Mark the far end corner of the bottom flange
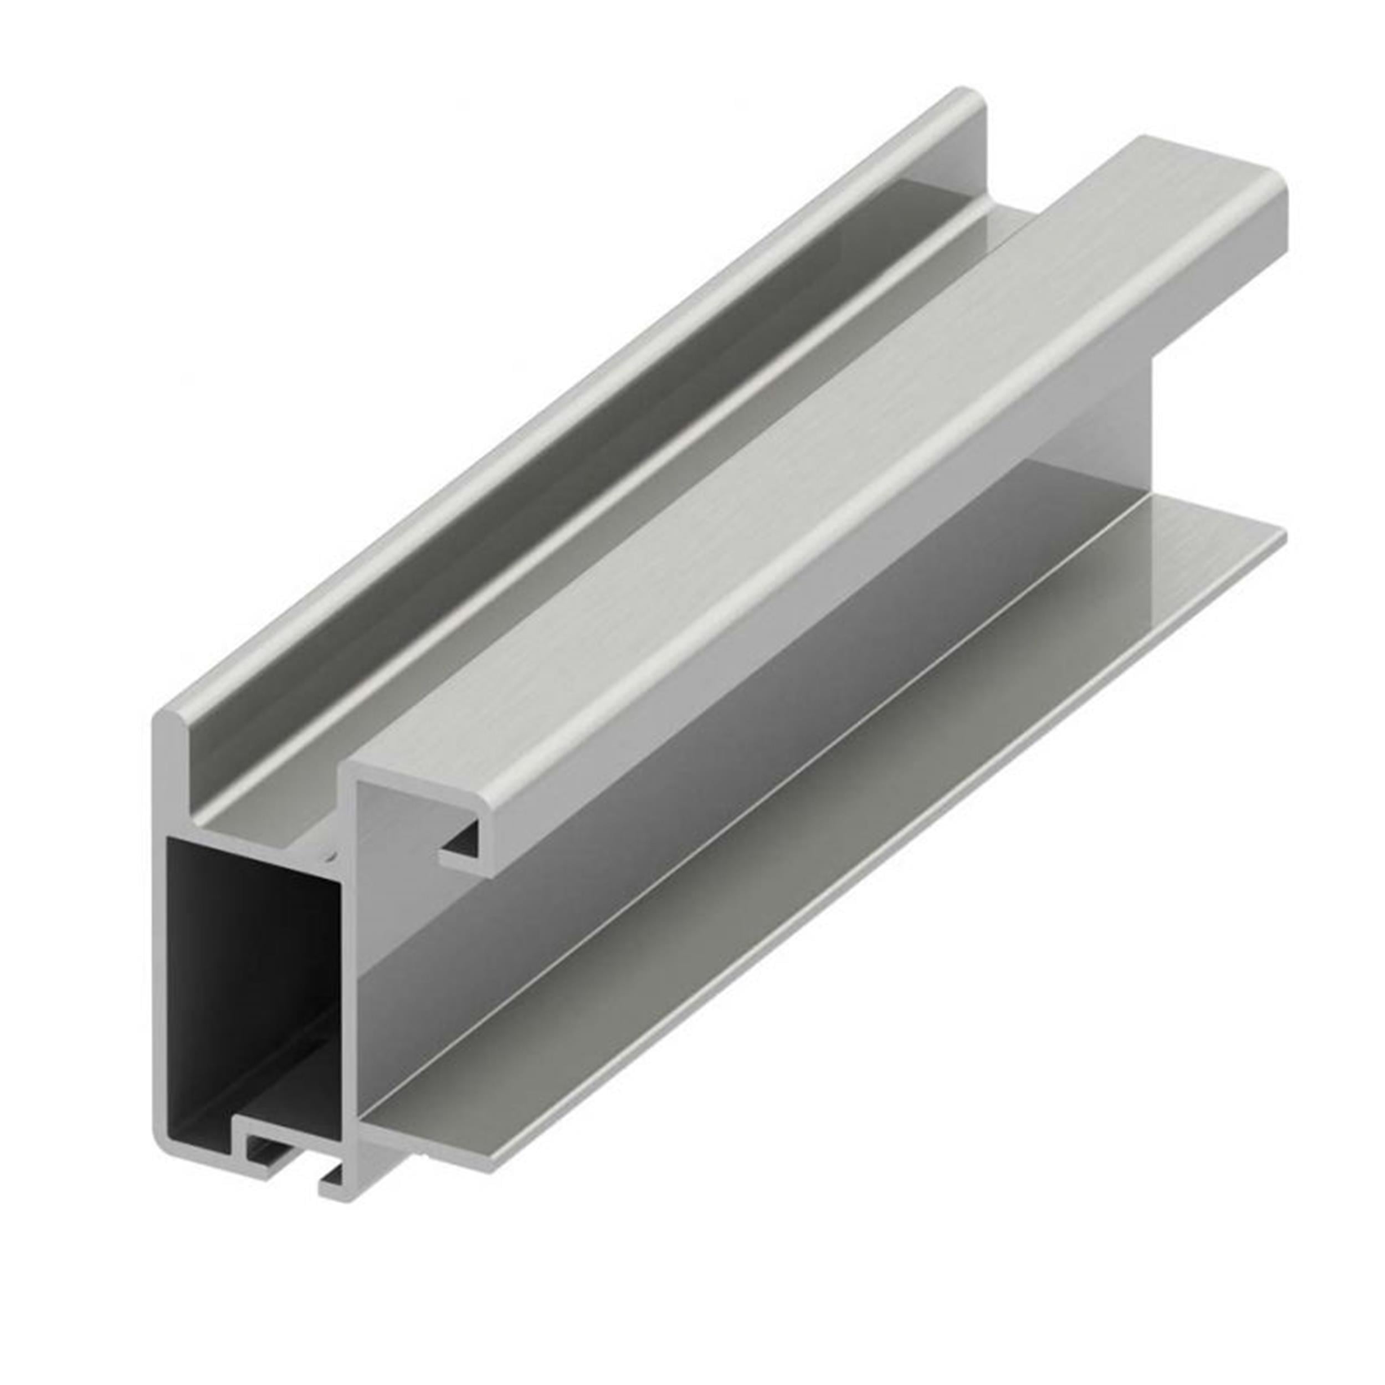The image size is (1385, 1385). [x=1280, y=534]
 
